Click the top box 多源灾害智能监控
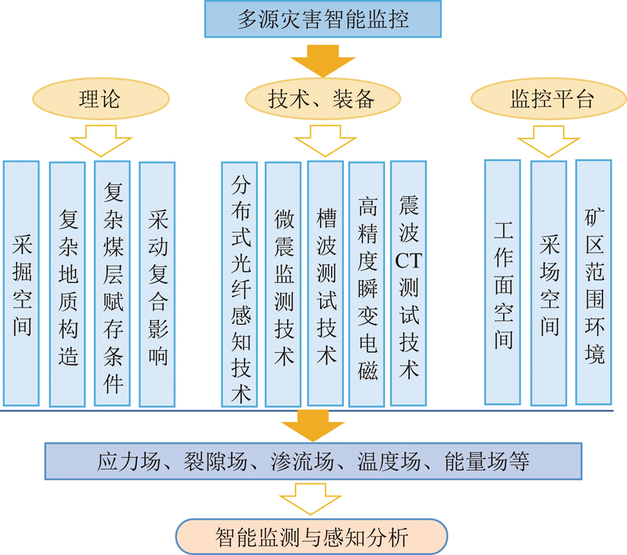tap(323, 19)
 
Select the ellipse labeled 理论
tap(101, 99)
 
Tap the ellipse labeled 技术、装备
tap(323, 99)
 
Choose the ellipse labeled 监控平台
tap(549, 99)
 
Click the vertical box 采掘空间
tap(21, 283)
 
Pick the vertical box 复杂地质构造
tap(67, 284)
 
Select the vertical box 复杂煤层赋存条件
tap(113, 283)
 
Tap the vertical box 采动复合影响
tap(157, 284)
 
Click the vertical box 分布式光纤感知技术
tap(239, 284)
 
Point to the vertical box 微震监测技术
tap(283, 284)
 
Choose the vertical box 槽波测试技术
tap(325, 283)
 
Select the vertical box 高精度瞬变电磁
tap(367, 284)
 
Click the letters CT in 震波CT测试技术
tap(408, 261)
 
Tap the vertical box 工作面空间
tap(502, 282)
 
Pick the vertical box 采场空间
tap(549, 283)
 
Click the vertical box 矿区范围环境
tap(594, 282)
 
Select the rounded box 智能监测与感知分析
tap(312, 536)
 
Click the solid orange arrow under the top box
tap(323, 61)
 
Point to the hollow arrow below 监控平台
tap(549, 140)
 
